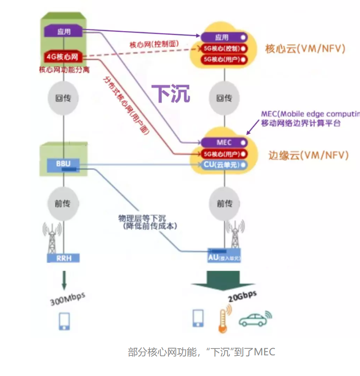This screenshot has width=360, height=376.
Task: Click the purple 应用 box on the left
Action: coord(64,32)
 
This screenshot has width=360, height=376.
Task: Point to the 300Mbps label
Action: coord(67,298)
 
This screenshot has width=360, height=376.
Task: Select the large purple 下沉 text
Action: coord(170,93)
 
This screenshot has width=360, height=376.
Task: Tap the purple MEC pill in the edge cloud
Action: coord(224,142)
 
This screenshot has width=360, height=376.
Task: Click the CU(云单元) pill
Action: coord(224,165)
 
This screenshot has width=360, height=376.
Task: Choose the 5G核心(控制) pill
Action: coord(224,48)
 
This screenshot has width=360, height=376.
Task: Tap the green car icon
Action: coord(255,319)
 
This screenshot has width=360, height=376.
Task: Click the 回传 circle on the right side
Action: coord(224,98)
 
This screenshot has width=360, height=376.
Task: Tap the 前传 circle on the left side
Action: coord(64,204)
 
